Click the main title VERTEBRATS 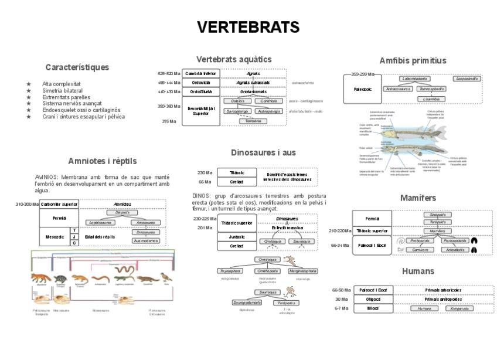point(248,28)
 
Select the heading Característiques point(77,67)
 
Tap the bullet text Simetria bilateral point(63,91)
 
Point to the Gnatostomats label point(253,91)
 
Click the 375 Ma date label point(169,121)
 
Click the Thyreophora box point(230,271)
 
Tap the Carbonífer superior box point(59,204)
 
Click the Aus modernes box point(146,240)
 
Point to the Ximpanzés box point(460,308)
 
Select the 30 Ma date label point(342,299)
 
